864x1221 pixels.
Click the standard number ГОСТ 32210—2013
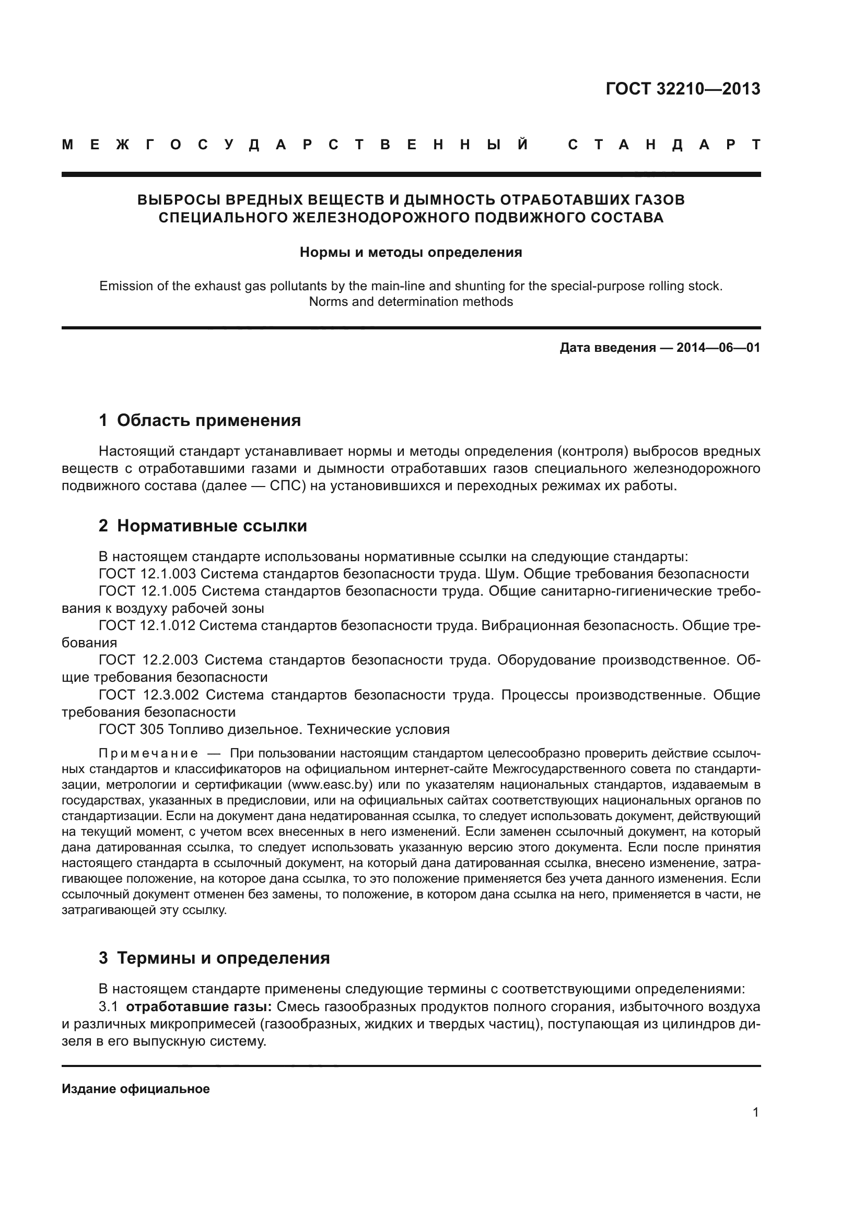tap(683, 89)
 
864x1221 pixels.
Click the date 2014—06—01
tap(718, 348)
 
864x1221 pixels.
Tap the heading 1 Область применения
tap(200, 421)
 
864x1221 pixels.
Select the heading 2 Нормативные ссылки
tap(203, 526)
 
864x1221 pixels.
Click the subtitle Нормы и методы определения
tap(411, 252)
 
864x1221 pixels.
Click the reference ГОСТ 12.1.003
tap(147, 574)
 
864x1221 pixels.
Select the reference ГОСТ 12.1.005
tap(147, 591)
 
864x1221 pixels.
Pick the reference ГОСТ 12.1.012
tap(147, 626)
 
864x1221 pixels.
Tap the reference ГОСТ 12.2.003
tap(147, 660)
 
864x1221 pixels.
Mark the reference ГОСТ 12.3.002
tap(148, 695)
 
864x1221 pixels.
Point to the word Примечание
tap(148, 754)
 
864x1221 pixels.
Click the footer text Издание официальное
tap(136, 1089)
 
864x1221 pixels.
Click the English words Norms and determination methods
tap(411, 302)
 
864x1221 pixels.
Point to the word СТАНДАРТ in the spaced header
tap(664, 145)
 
